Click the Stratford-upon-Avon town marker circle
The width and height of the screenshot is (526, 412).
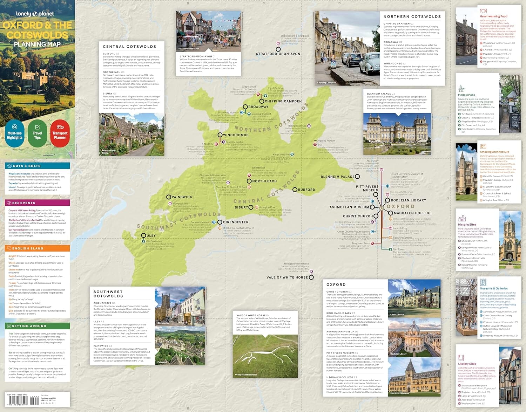(x=278, y=49)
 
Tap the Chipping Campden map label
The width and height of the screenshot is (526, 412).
(x=283, y=101)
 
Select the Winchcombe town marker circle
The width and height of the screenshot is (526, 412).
(x=220, y=135)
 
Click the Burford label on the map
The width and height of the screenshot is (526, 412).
(x=306, y=190)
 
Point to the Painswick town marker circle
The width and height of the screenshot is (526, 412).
(x=169, y=197)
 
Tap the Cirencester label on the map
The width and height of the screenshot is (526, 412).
(x=236, y=222)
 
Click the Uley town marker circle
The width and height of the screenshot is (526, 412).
(x=143, y=236)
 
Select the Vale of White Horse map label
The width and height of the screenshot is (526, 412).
(x=287, y=277)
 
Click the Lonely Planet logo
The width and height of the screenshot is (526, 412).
(x=35, y=14)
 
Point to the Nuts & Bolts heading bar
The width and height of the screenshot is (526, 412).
(x=37, y=166)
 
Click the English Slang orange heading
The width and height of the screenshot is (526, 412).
(x=37, y=248)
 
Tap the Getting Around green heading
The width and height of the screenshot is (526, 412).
(x=37, y=326)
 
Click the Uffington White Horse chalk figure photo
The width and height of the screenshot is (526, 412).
(x=265, y=356)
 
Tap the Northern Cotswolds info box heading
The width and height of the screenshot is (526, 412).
(x=412, y=16)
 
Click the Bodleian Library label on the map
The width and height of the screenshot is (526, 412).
(x=409, y=200)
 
